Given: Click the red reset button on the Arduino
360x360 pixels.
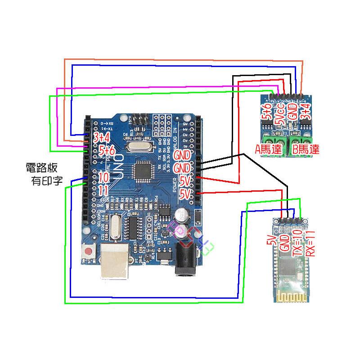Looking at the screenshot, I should pyautogui.click(x=89, y=251).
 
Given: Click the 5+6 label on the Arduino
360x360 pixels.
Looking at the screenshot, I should pyautogui.click(x=107, y=150).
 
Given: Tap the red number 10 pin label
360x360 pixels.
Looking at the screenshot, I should pyautogui.click(x=103, y=177).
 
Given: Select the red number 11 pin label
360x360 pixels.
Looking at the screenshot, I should pyautogui.click(x=103, y=190).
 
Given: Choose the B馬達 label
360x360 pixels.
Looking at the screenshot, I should pyautogui.click(x=306, y=149).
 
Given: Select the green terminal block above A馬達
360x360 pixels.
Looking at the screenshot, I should pyautogui.click(x=271, y=137).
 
